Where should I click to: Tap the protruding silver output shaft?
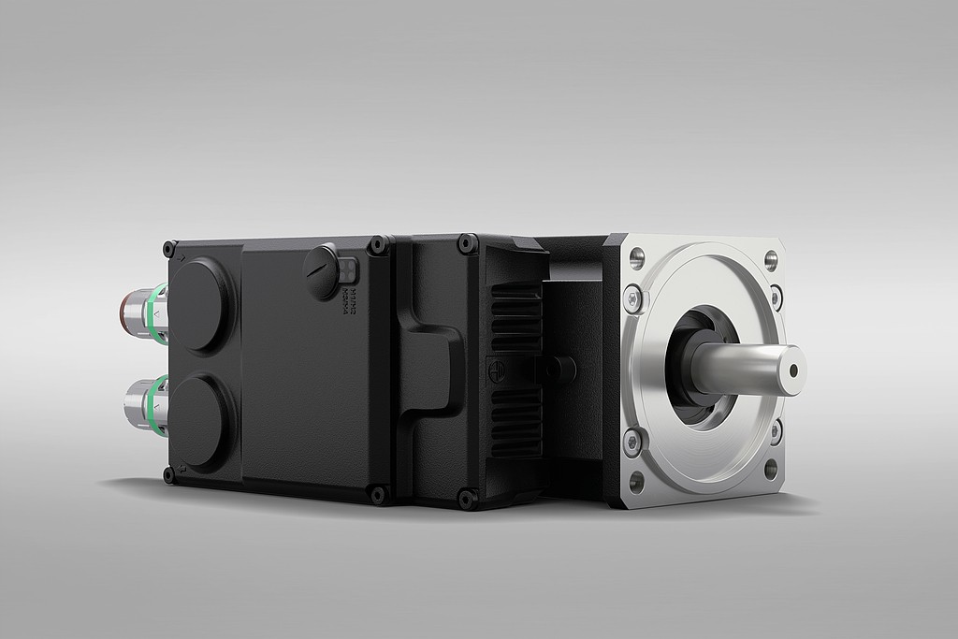744,368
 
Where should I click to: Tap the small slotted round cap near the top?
322,270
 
